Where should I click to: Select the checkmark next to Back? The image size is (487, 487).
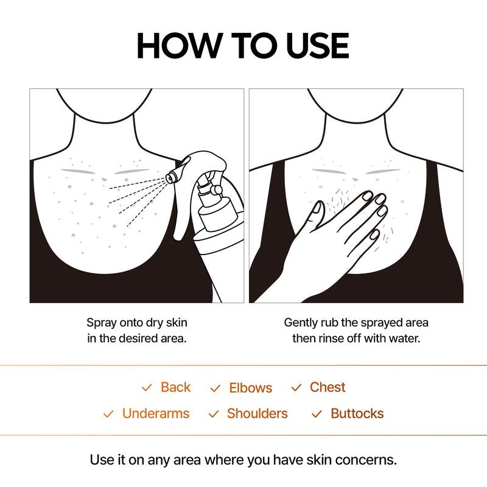point(147,388)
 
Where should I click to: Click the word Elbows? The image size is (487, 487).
point(250,388)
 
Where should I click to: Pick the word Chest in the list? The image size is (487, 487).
point(327,387)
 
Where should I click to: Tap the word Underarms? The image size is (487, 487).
point(155,414)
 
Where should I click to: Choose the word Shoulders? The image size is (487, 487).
point(257,414)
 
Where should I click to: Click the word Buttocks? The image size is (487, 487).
point(357,414)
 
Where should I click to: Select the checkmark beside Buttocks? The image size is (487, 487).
point(317,415)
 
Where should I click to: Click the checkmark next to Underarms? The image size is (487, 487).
point(108,415)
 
